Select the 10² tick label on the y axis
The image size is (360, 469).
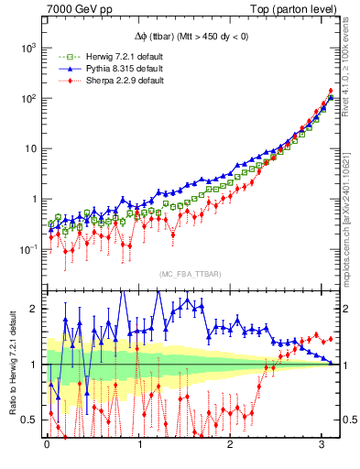[29, 97]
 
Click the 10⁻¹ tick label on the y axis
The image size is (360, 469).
[29, 248]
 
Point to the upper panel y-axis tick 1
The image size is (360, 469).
[35, 199]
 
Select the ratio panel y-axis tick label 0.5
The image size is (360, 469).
[31, 420]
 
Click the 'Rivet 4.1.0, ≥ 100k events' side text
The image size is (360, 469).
[352, 73]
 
